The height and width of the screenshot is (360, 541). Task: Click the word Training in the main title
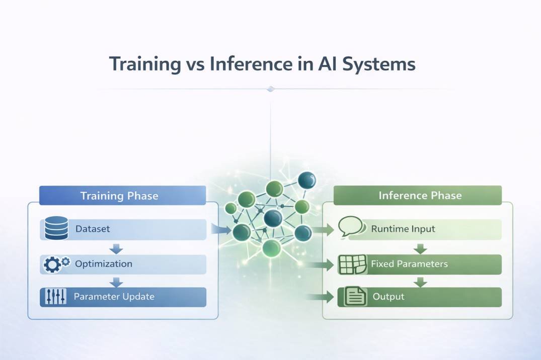point(143,65)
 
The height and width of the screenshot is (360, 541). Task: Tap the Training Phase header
point(119,196)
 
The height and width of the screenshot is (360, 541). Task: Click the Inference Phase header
point(420,196)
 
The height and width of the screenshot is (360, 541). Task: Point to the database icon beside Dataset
point(56,228)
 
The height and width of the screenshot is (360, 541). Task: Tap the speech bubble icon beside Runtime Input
point(351,227)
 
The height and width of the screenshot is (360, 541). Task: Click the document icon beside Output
point(354,296)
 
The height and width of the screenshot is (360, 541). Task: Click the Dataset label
point(93,229)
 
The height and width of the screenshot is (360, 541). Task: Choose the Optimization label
point(104,263)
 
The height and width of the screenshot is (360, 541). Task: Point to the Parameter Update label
point(114,297)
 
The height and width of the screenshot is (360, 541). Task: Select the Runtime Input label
point(403,229)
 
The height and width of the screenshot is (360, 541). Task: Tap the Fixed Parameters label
point(409,263)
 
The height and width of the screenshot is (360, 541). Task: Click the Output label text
point(389,297)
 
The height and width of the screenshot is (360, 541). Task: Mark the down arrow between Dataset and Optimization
point(117,248)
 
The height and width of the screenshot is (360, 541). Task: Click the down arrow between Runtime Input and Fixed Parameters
point(420,248)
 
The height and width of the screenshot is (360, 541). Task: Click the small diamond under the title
point(271,89)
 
